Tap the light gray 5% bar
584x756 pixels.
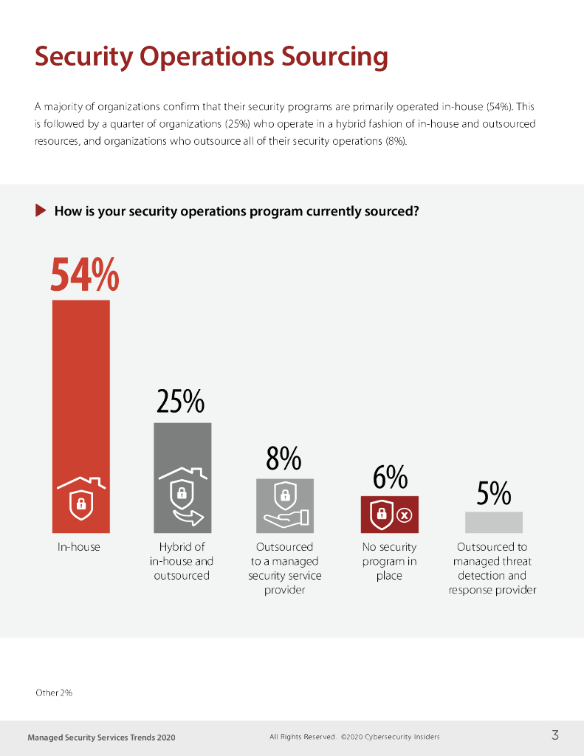coord(493,522)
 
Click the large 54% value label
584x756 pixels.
coord(84,275)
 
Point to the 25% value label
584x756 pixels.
coord(180,402)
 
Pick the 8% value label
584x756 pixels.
coord(284,460)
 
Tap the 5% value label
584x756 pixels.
coord(493,494)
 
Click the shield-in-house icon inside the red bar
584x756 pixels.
coord(80,496)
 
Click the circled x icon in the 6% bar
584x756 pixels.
coord(404,515)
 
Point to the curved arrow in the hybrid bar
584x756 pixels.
coord(188,517)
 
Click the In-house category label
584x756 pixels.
coord(79,547)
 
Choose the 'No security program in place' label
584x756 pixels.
coord(389,561)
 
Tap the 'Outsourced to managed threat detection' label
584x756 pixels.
coord(492,568)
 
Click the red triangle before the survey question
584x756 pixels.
coord(41,211)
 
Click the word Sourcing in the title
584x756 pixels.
coord(327,57)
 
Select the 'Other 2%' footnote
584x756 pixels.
coord(54,693)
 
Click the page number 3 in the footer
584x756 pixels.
coord(554,735)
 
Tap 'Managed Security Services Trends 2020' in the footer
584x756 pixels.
coord(101,737)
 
